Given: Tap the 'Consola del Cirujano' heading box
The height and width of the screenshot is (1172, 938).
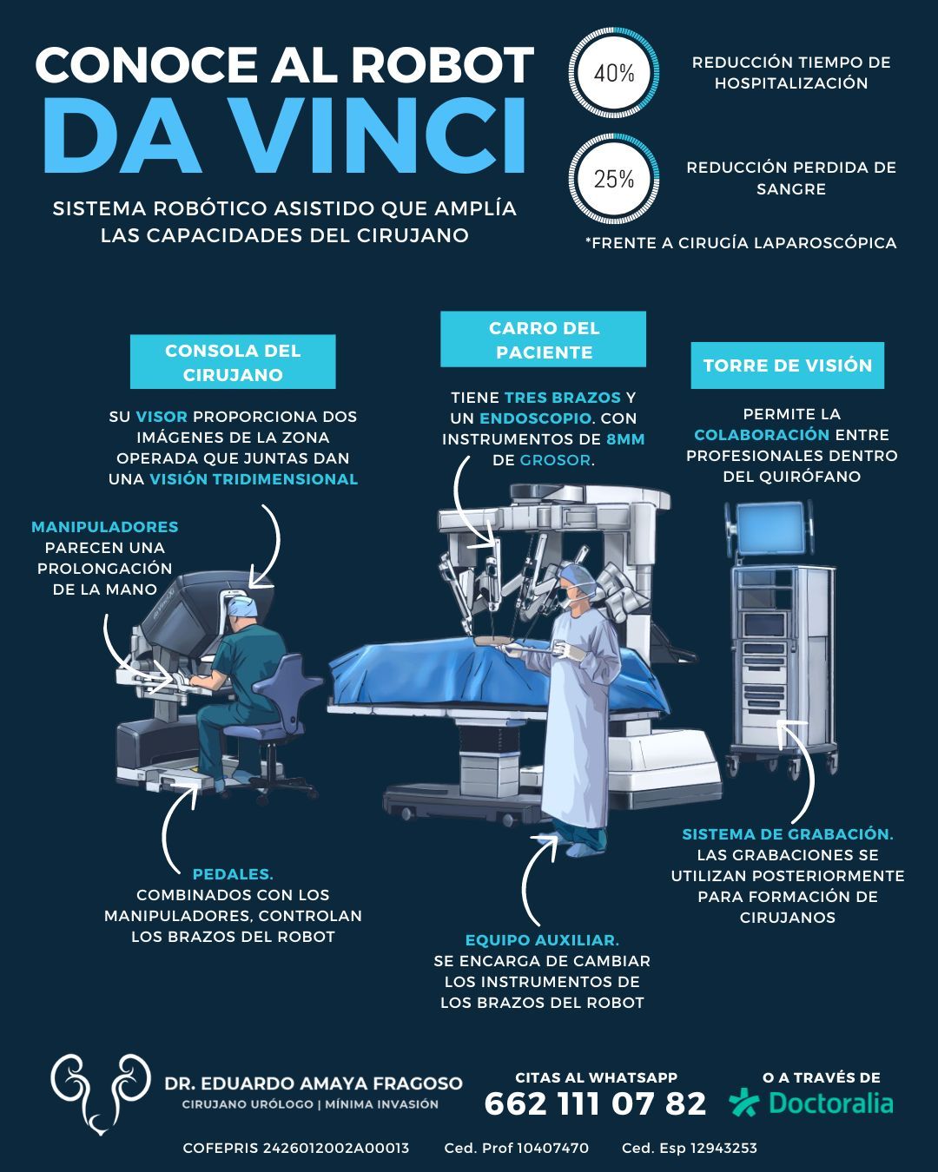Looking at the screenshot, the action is tap(233, 362).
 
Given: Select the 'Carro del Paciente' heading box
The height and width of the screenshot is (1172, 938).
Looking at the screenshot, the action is tap(544, 339).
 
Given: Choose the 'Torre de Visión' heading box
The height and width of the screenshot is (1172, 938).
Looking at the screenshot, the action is tap(788, 365).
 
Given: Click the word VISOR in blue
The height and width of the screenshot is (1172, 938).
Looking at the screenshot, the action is tap(162, 417).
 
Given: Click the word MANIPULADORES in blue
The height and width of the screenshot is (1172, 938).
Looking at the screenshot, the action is tap(104, 527).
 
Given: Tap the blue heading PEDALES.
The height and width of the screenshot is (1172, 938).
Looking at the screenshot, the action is tap(233, 874).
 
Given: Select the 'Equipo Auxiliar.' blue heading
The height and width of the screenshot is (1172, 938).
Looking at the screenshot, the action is tap(542, 940).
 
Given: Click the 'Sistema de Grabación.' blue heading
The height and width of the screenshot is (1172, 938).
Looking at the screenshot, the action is tap(788, 833).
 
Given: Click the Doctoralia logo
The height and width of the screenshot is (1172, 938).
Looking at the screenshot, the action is tap(811, 1103).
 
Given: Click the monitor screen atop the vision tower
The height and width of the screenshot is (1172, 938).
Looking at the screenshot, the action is tap(769, 527).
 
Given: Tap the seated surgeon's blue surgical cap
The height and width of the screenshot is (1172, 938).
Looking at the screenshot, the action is tap(242, 606).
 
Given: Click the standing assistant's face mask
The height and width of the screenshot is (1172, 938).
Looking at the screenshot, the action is tap(569, 602).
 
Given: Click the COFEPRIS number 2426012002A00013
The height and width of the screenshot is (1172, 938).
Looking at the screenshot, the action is tap(336, 1148).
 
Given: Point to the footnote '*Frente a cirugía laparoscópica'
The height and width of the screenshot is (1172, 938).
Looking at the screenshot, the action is tap(741, 243).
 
